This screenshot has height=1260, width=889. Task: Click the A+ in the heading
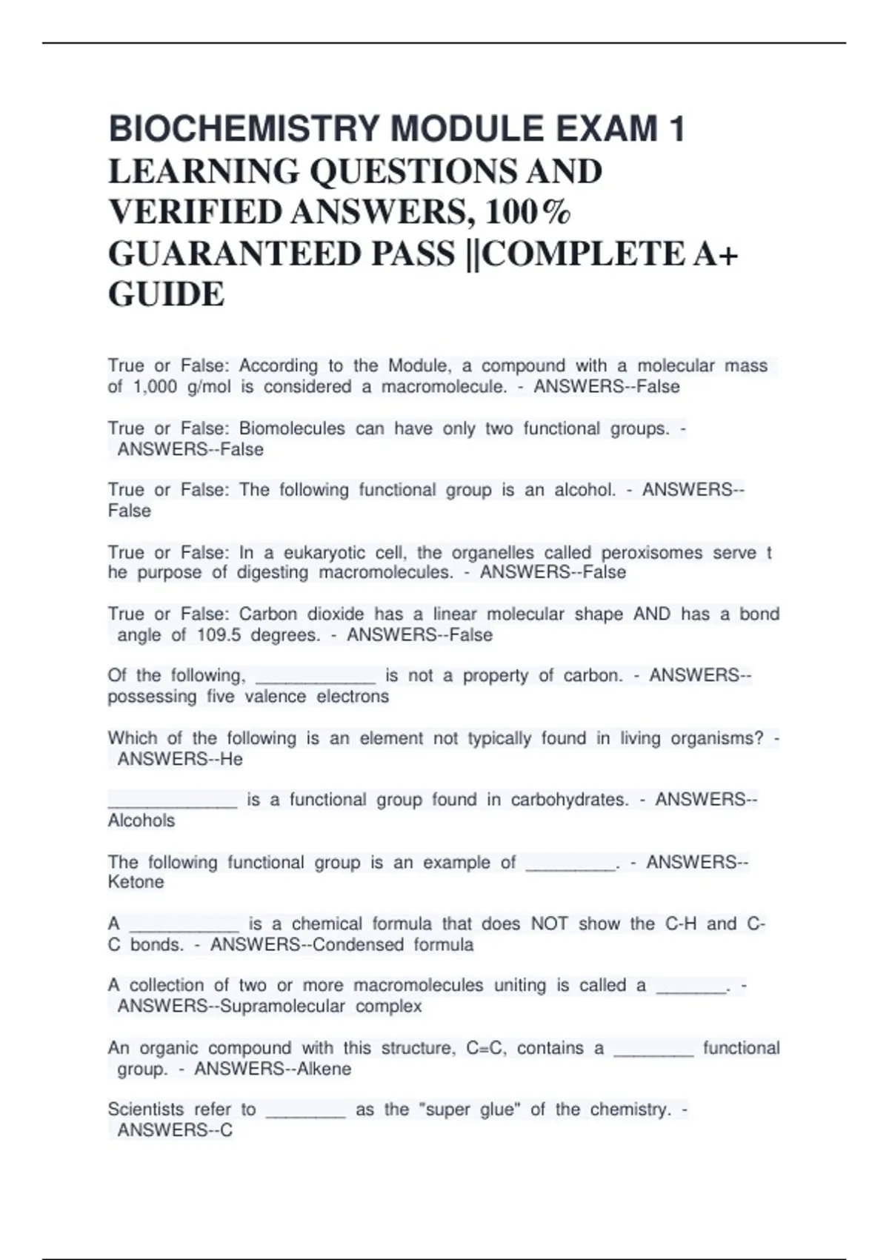[x=716, y=254]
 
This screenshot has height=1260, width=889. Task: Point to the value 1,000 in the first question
[x=155, y=387]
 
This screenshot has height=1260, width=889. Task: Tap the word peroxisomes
[x=651, y=553]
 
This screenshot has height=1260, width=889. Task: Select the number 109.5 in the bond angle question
[x=219, y=635]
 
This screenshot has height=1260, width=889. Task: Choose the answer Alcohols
[x=141, y=820]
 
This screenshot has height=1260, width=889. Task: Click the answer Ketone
[x=136, y=882]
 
